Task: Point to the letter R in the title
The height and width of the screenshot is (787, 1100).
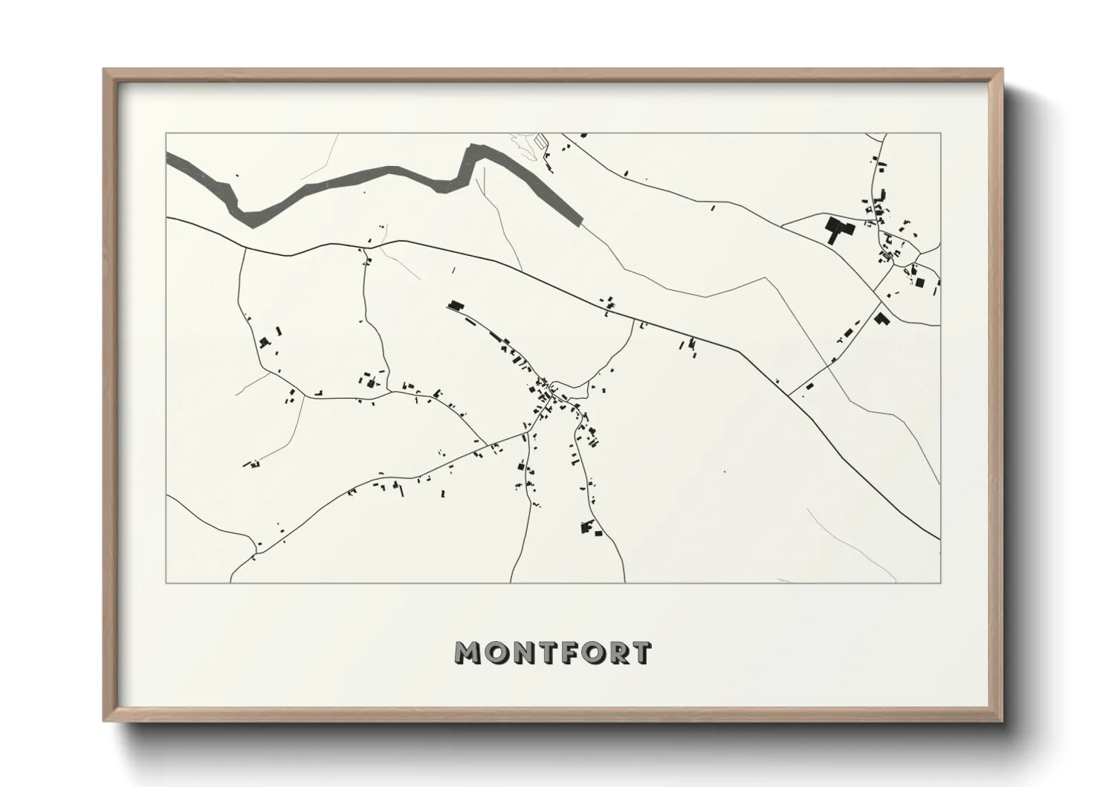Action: tap(615, 652)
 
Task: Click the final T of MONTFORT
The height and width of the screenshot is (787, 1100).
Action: tap(640, 652)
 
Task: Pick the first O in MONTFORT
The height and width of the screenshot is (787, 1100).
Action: tap(494, 652)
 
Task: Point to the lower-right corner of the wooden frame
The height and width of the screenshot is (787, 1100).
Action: tap(1000, 719)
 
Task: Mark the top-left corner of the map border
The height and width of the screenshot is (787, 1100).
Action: tap(166, 133)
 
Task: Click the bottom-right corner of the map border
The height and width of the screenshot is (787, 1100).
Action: tap(940, 582)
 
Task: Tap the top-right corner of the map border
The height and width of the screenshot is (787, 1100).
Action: tap(940, 133)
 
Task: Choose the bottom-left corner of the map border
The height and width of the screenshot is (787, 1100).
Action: tap(166, 582)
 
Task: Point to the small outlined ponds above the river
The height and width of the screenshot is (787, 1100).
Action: tap(540, 138)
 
